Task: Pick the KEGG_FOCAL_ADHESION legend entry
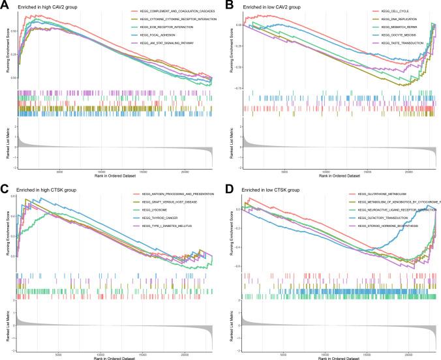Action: tap(155, 37)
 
